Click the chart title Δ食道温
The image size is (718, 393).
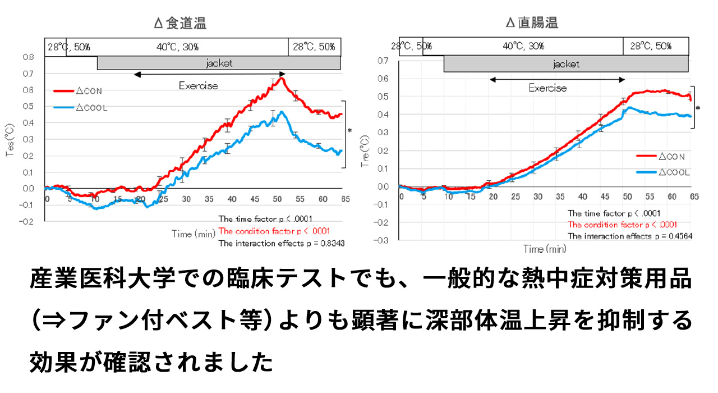pyautogui.click(x=180, y=23)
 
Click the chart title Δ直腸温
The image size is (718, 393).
pyautogui.click(x=532, y=23)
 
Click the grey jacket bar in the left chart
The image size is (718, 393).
pyautogui.click(x=219, y=63)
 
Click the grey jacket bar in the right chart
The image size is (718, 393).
pyautogui.click(x=565, y=64)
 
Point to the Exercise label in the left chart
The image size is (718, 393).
pyautogui.click(x=199, y=86)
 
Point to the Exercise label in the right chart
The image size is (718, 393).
pyautogui.click(x=547, y=88)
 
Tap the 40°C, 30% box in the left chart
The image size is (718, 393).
pyautogui.click(x=177, y=47)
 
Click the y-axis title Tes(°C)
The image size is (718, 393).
pyautogui.click(x=10, y=138)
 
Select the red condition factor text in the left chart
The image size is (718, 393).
pyautogui.click(x=274, y=231)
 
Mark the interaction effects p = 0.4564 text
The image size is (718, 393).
pyautogui.click(x=629, y=236)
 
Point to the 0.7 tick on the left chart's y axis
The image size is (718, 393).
pyautogui.click(x=27, y=74)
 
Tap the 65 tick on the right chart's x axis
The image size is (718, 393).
pyautogui.click(x=694, y=196)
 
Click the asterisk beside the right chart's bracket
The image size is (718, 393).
pyautogui.click(x=698, y=108)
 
